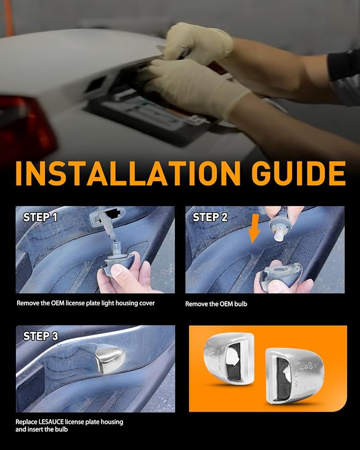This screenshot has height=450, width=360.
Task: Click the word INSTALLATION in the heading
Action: tap(128, 173)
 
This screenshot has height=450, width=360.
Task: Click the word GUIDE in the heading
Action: tap(298, 173)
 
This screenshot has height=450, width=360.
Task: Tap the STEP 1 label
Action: tap(40, 217)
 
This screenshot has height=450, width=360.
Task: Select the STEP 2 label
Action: tap(210, 217)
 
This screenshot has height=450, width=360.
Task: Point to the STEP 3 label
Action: tap(40, 336)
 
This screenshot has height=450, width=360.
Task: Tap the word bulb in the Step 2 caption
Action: tap(241, 304)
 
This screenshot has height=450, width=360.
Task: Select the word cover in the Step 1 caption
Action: tap(147, 303)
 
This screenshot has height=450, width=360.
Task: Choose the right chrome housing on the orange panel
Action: tap(294, 375)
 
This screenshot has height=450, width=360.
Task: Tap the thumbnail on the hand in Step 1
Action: tap(117, 270)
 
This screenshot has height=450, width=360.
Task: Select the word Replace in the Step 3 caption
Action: tap(26, 422)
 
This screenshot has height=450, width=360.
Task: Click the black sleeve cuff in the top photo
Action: tap(344, 65)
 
